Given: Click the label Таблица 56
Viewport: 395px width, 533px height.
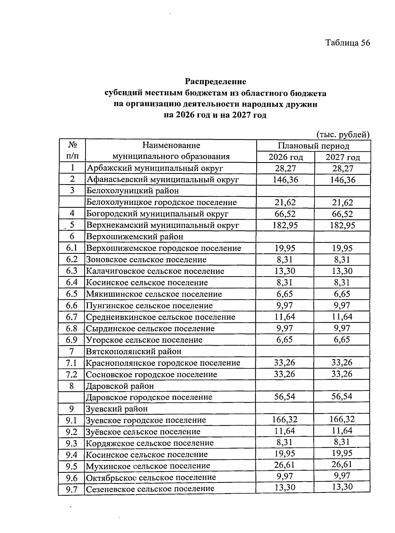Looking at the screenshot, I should (348, 43).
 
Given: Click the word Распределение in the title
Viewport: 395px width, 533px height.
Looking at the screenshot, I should (215, 81).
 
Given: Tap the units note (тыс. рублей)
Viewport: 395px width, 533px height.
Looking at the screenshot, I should (343, 134).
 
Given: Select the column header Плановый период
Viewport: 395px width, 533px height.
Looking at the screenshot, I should (313, 146).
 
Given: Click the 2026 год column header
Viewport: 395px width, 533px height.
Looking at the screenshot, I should (285, 157).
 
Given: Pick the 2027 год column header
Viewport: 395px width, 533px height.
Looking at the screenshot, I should (343, 157).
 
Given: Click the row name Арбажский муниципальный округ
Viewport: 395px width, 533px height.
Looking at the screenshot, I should (155, 168).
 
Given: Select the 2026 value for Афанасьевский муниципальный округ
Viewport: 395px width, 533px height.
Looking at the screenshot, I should (285, 180).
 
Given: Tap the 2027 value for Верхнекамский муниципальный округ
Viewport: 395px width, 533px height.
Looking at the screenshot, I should (343, 226).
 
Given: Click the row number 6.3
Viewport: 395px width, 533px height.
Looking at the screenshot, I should (71, 271).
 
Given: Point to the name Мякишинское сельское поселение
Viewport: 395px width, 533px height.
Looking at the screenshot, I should (154, 294).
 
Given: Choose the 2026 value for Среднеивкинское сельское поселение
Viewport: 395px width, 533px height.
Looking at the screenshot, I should (285, 317).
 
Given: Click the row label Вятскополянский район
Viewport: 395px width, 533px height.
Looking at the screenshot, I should (134, 351).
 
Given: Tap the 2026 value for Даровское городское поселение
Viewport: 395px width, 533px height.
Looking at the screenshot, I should (285, 397).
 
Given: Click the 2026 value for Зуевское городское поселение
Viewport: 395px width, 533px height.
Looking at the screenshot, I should (285, 419).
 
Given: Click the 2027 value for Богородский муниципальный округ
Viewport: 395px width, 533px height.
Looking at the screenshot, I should (343, 214).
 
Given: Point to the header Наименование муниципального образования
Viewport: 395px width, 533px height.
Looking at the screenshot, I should (171, 151).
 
